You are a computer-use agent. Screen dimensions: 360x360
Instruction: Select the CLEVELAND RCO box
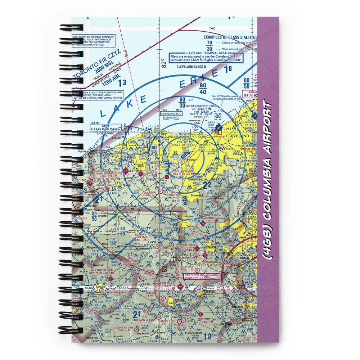tap(171, 113)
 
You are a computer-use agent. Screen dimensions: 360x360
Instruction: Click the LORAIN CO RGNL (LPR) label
tap(108, 173)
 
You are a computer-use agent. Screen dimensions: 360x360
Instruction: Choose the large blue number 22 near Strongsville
tap(206, 185)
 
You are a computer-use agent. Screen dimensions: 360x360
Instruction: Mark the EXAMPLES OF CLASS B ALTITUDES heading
tap(230, 37)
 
